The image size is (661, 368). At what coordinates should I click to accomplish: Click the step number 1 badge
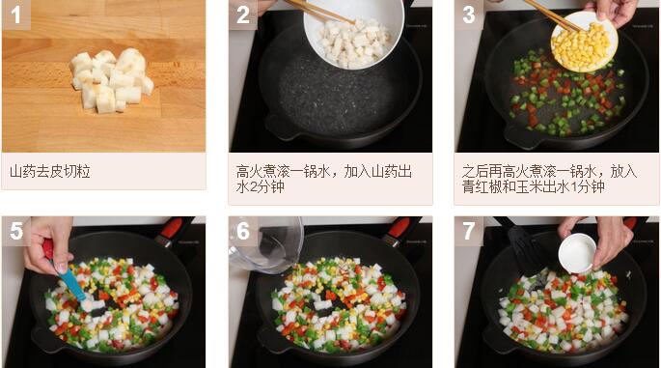tap(16, 14)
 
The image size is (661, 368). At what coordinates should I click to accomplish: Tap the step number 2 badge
tap(243, 14)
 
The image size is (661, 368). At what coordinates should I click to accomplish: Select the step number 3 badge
tap(469, 14)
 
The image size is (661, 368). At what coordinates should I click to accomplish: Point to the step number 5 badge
tap(16, 231)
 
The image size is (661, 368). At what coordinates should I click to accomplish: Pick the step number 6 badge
tap(243, 231)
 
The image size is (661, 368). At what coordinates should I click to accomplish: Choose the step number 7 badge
tap(469, 231)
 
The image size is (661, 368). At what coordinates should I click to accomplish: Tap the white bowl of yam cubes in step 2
tap(354, 35)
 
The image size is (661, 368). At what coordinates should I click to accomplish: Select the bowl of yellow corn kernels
tap(584, 42)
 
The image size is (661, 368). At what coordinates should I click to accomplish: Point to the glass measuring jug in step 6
tap(266, 244)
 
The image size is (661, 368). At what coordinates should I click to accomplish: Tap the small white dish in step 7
tap(577, 253)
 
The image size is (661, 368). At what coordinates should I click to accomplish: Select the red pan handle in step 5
tap(172, 228)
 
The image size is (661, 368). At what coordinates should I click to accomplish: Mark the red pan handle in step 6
tap(399, 228)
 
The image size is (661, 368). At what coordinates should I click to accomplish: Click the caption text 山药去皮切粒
tap(50, 172)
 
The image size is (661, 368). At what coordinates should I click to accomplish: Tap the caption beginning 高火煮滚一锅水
tap(324, 179)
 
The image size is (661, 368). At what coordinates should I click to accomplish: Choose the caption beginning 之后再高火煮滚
tap(549, 179)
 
